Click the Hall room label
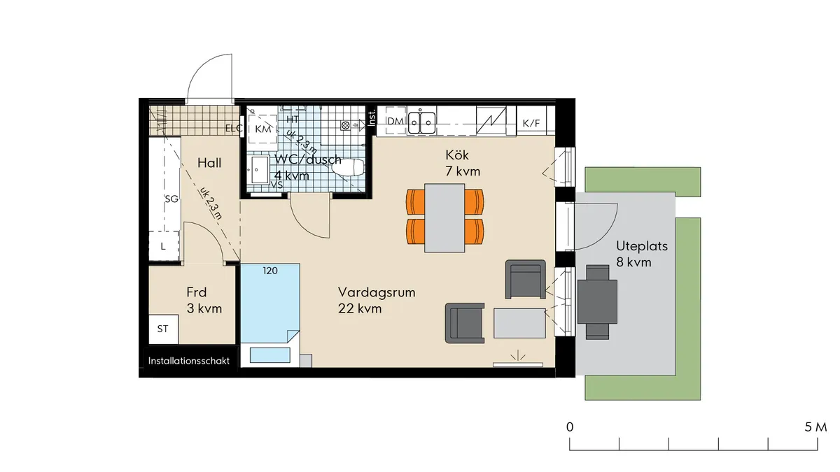click(209, 163)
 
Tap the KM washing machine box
click(263, 130)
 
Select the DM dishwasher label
click(395, 122)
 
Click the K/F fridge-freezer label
click(531, 123)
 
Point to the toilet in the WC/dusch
click(347, 168)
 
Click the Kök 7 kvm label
click(456, 162)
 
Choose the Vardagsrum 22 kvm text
click(377, 300)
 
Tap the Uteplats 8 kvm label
click(642, 254)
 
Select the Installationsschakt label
click(189, 362)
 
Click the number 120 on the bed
click(270, 270)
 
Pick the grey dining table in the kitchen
click(444, 217)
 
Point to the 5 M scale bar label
click(815, 427)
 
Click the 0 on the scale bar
click(570, 427)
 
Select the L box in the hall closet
click(163, 246)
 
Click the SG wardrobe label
click(171, 199)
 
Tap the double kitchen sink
click(423, 122)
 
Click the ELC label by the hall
click(233, 129)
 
